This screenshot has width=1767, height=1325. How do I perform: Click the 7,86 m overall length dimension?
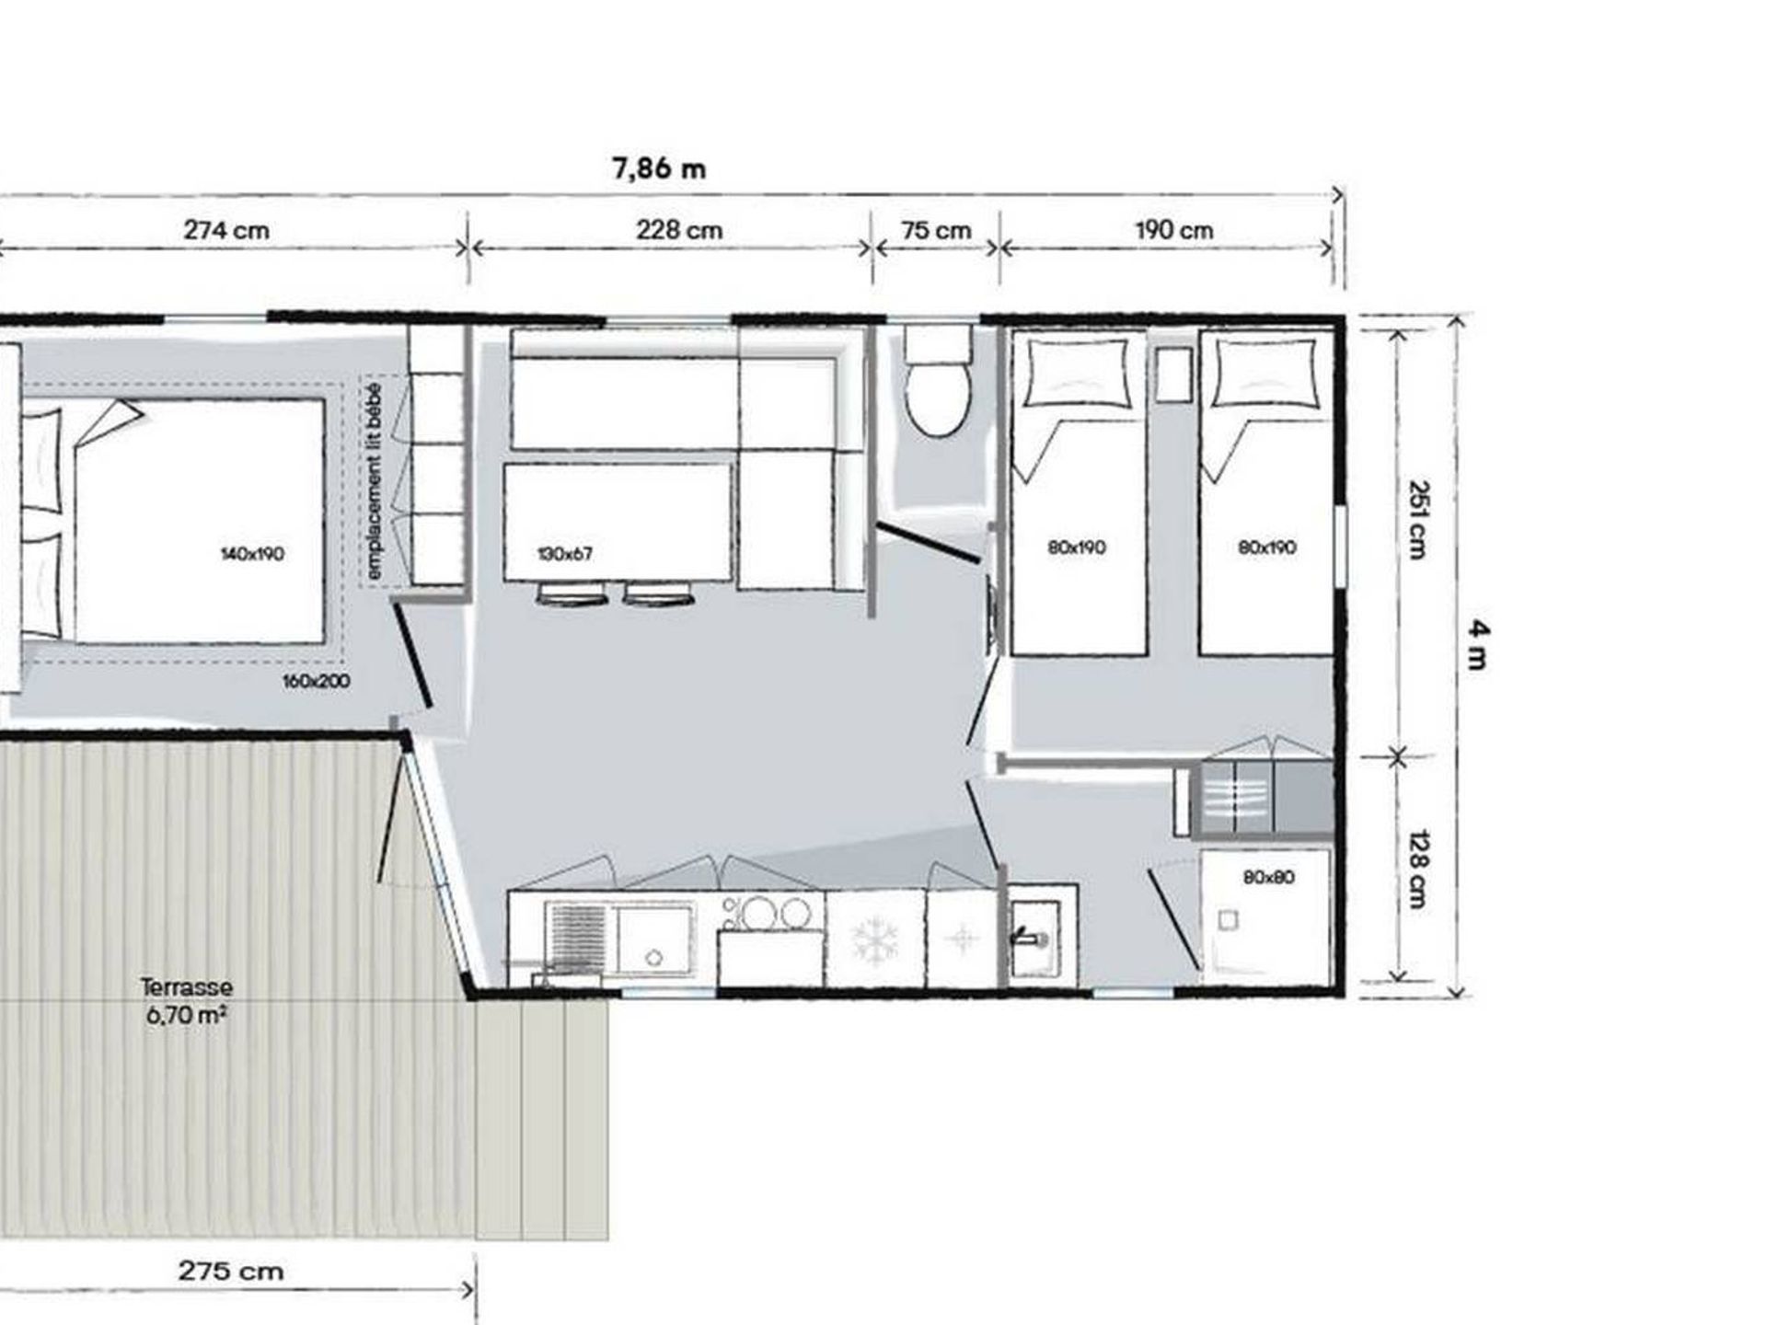pos(659,169)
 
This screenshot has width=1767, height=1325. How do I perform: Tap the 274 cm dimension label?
pos(226,230)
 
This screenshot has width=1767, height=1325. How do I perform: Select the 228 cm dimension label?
pos(679,230)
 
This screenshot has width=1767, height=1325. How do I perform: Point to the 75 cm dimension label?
pos(936,230)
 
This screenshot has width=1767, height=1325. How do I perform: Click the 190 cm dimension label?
pos(1173,230)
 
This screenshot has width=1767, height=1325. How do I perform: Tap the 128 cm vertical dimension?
pos(1418,870)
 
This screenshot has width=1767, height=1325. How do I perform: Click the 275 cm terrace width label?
pos(230,1272)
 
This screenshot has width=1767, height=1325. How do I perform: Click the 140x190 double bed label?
pos(252,554)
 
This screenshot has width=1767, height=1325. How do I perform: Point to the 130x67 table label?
pos(564,554)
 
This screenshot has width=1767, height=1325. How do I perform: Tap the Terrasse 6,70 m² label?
pos(187,1001)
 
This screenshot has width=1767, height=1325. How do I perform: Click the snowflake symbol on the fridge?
pos(874,939)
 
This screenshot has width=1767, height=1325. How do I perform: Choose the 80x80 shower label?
pos(1268,878)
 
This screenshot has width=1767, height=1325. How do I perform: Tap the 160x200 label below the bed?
pos(316,682)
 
